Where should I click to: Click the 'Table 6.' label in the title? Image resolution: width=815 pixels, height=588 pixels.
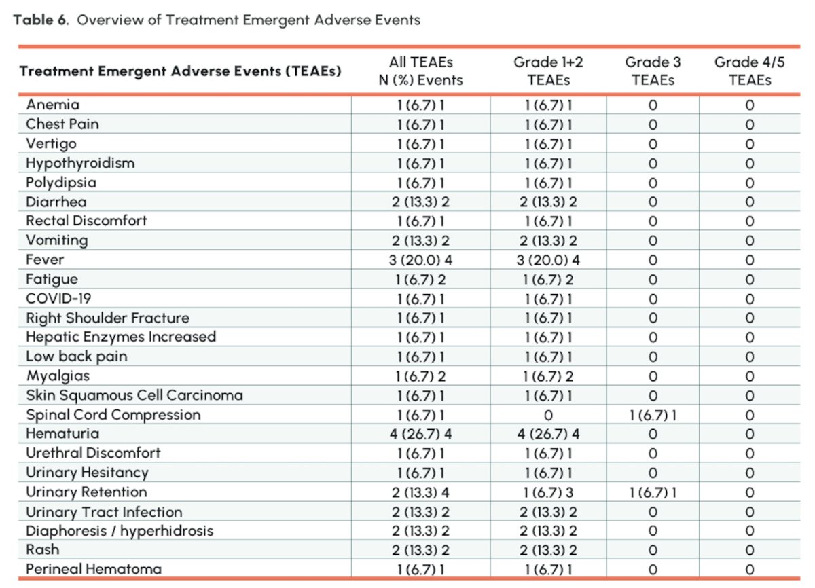(41, 20)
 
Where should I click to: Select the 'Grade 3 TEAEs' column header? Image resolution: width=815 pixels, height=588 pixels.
(653, 71)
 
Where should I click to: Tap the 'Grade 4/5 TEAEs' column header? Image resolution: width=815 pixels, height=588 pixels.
(750, 71)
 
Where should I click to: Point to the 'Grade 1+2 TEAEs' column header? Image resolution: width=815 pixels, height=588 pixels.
(548, 71)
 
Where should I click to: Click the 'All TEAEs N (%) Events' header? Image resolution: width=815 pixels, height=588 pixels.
(420, 71)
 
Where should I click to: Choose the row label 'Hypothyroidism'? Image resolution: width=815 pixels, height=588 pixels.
(80, 163)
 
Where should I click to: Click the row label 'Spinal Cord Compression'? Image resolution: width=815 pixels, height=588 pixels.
(113, 415)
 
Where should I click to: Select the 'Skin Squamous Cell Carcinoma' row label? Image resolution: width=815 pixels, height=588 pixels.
(134, 396)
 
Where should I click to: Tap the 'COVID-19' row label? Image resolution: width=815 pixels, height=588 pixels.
(58, 299)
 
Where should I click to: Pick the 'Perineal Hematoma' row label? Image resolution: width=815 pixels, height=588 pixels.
(94, 569)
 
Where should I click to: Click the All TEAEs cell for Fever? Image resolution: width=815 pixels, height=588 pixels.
(420, 260)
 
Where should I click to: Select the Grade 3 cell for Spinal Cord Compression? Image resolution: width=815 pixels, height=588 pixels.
(653, 416)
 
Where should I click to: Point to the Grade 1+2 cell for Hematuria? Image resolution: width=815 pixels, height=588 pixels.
(548, 434)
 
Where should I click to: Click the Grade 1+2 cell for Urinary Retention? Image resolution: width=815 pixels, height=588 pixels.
(548, 493)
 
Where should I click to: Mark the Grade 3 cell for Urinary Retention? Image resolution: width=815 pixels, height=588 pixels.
(653, 493)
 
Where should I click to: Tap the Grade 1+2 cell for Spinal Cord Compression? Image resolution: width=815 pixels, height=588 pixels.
(548, 416)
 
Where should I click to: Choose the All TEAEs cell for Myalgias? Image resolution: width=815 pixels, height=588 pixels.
(420, 376)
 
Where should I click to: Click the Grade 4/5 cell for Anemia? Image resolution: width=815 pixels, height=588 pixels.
(750, 105)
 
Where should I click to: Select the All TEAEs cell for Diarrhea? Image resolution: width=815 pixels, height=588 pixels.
(420, 202)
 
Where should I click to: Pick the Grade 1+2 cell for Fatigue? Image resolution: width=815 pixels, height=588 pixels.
(548, 280)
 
